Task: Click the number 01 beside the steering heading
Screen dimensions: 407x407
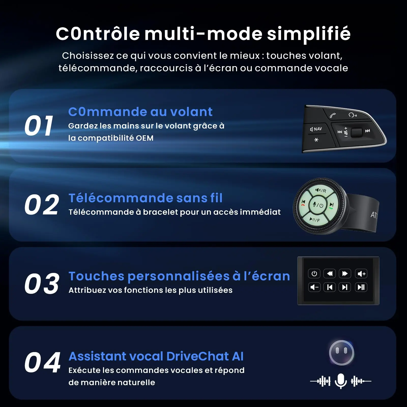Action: point(39,125)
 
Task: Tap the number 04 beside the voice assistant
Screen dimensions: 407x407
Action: point(42,362)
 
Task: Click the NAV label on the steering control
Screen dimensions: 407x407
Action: point(316,129)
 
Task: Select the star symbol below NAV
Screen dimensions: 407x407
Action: point(316,140)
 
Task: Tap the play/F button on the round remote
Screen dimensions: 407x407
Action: point(315,220)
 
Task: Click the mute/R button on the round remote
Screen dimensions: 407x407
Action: point(321,190)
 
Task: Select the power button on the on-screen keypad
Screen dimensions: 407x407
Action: point(314,274)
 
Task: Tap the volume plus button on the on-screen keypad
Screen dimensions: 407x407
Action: point(361,274)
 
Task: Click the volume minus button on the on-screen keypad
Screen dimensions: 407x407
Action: point(314,287)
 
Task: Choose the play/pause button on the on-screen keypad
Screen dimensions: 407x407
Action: point(361,287)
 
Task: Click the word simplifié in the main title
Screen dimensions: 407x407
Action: point(309,34)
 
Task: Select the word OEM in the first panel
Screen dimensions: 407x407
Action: point(144,138)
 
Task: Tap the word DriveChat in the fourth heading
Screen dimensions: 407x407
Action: point(198,356)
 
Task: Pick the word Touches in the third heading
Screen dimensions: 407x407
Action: point(97,276)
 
